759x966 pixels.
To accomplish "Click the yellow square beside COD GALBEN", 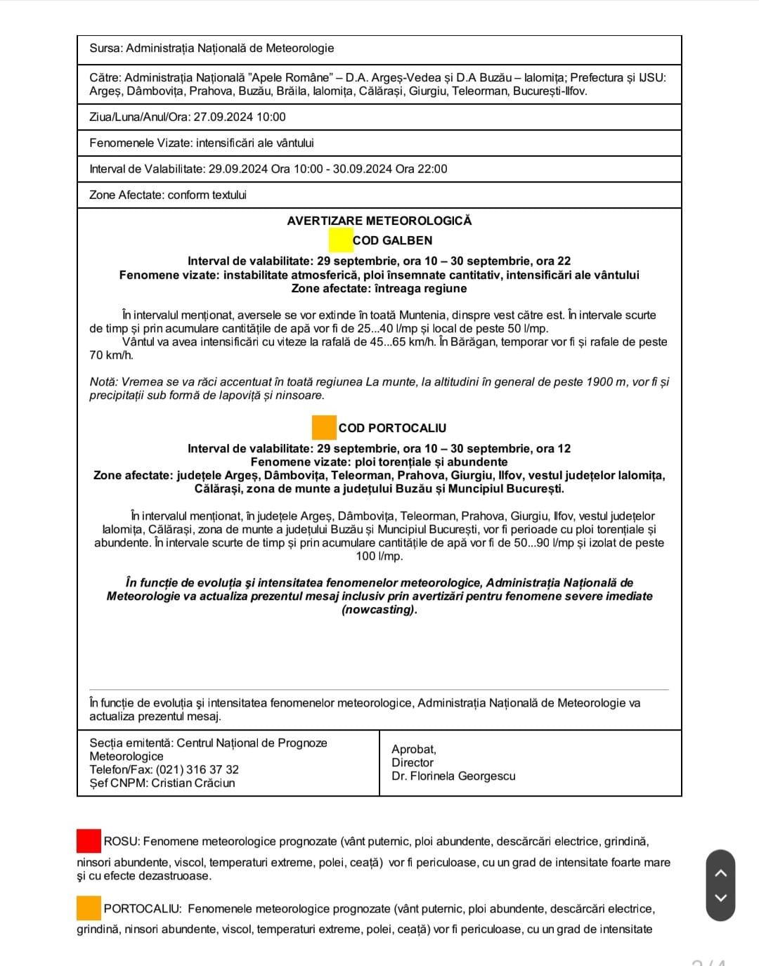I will pos(341,240).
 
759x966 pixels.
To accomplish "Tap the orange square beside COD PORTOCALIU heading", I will pos(324,428).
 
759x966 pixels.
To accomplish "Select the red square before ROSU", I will pos(89,841).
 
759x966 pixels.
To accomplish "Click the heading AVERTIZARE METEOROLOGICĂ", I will pos(379,221).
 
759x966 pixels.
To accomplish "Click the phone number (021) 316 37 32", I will pos(197,770).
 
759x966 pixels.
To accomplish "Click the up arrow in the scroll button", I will pos(720,873).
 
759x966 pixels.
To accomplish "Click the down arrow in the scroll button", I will pos(720,897).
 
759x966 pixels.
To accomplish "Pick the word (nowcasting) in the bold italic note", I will pos(379,610).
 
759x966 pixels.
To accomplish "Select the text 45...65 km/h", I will pos(403,342).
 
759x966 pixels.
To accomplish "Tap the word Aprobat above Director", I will pos(413,750).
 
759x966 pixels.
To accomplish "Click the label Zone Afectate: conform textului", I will pos(168,195).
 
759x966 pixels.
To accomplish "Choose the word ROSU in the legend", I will pos(122,842).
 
